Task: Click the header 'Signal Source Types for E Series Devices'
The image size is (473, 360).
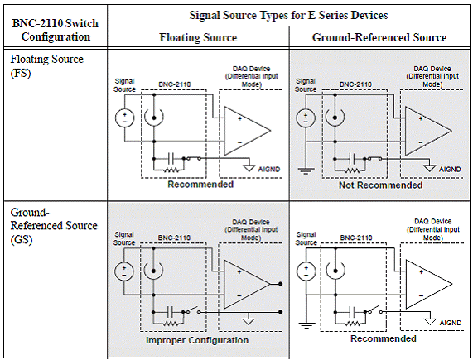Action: click(x=288, y=15)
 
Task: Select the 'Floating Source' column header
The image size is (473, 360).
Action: click(x=198, y=37)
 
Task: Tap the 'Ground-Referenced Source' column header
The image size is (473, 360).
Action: click(x=379, y=37)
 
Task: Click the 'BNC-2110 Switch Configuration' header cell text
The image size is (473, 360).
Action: click(x=56, y=30)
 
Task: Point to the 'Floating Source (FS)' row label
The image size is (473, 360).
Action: click(x=46, y=66)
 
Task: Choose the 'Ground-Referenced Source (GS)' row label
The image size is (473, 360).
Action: click(x=54, y=226)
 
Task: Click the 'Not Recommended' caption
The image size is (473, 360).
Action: click(x=381, y=185)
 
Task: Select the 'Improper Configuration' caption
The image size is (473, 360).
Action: click(x=197, y=340)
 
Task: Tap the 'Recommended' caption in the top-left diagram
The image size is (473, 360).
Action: click(x=200, y=185)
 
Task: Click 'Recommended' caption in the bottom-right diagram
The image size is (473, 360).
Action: click(x=384, y=338)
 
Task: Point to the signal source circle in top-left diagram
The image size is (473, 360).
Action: click(x=124, y=118)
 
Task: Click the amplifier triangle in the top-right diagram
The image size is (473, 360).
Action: click(x=428, y=131)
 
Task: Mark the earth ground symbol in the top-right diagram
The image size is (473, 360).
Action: click(x=306, y=171)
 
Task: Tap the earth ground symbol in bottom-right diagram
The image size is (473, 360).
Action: click(x=306, y=325)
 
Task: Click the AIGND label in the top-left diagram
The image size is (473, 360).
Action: click(x=269, y=170)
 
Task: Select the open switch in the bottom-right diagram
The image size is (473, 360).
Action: click(x=374, y=310)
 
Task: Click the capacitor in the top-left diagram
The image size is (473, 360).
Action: click(x=171, y=158)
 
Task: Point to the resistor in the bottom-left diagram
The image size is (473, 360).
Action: click(x=171, y=324)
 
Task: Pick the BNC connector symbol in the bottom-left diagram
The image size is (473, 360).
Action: click(x=153, y=271)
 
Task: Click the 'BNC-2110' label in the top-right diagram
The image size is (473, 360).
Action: click(x=355, y=84)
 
